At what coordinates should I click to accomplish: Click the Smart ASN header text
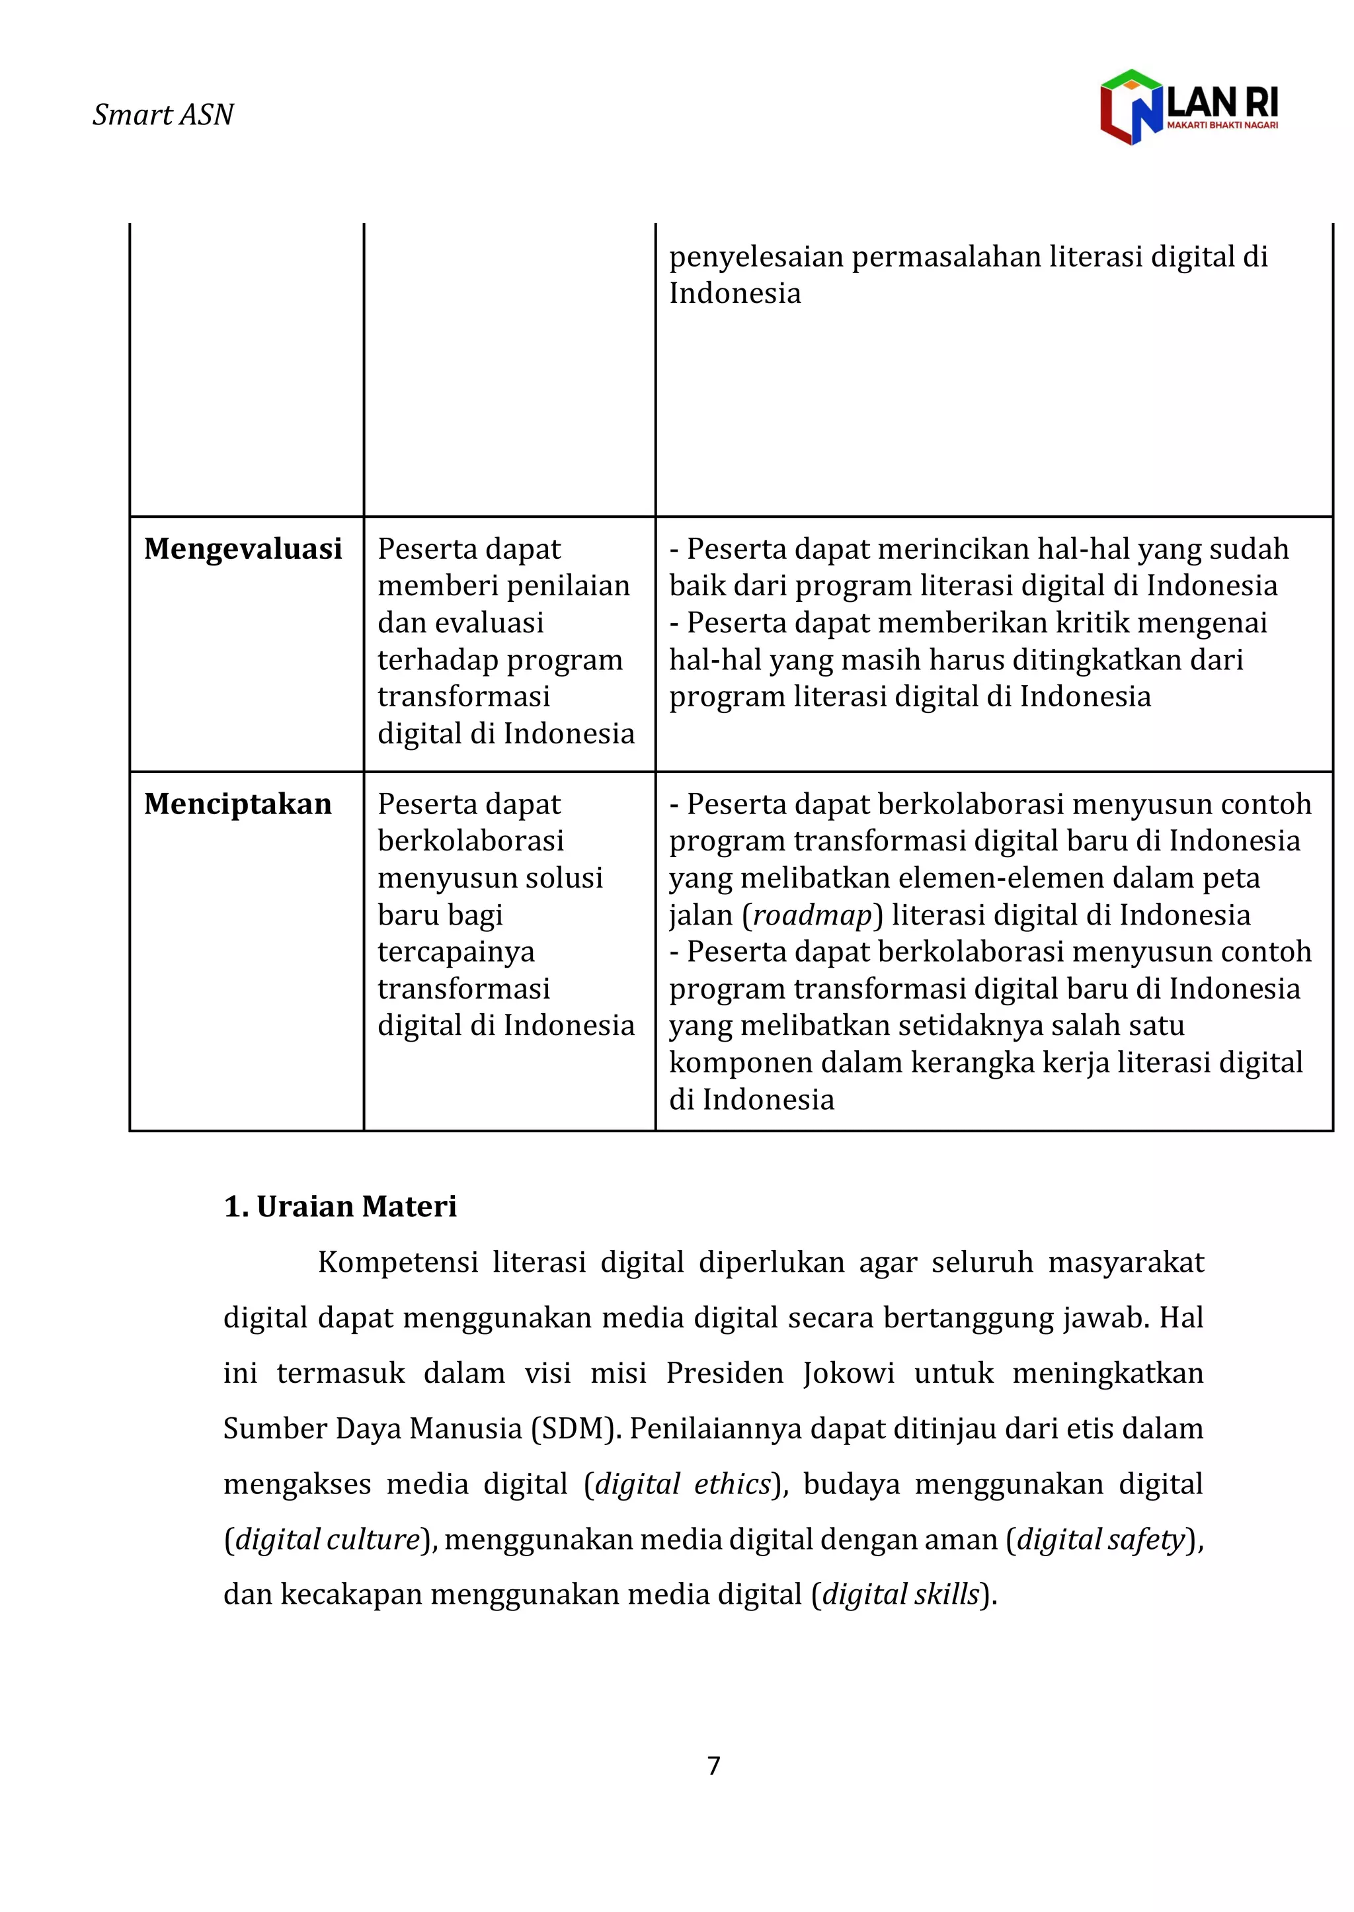tap(163, 114)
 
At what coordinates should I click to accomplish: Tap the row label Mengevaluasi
tap(243, 549)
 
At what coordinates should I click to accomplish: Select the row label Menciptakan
tap(237, 804)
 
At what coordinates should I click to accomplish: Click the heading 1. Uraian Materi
tap(340, 1206)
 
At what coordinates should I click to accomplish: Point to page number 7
tap(713, 1765)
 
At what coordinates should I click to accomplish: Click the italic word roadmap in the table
tap(812, 915)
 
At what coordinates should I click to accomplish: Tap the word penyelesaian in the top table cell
tap(756, 257)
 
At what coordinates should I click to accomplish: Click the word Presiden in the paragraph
tap(725, 1372)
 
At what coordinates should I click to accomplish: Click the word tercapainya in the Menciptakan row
tap(456, 952)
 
